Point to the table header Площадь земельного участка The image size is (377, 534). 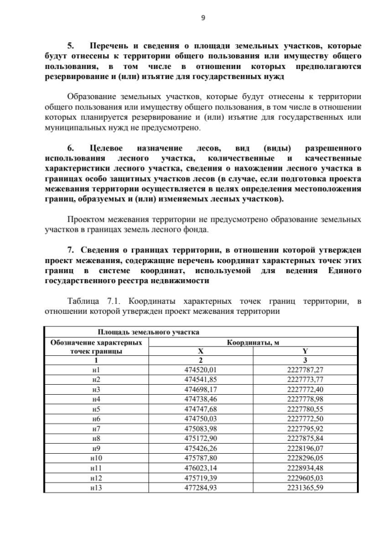click(144, 333)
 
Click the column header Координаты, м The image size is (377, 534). click(253, 343)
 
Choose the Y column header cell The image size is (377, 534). click(305, 351)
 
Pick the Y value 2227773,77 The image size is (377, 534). click(305, 379)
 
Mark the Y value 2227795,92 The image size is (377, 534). click(305, 428)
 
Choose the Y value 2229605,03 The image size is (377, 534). click(305, 478)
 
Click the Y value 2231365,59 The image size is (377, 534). click(305, 488)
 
